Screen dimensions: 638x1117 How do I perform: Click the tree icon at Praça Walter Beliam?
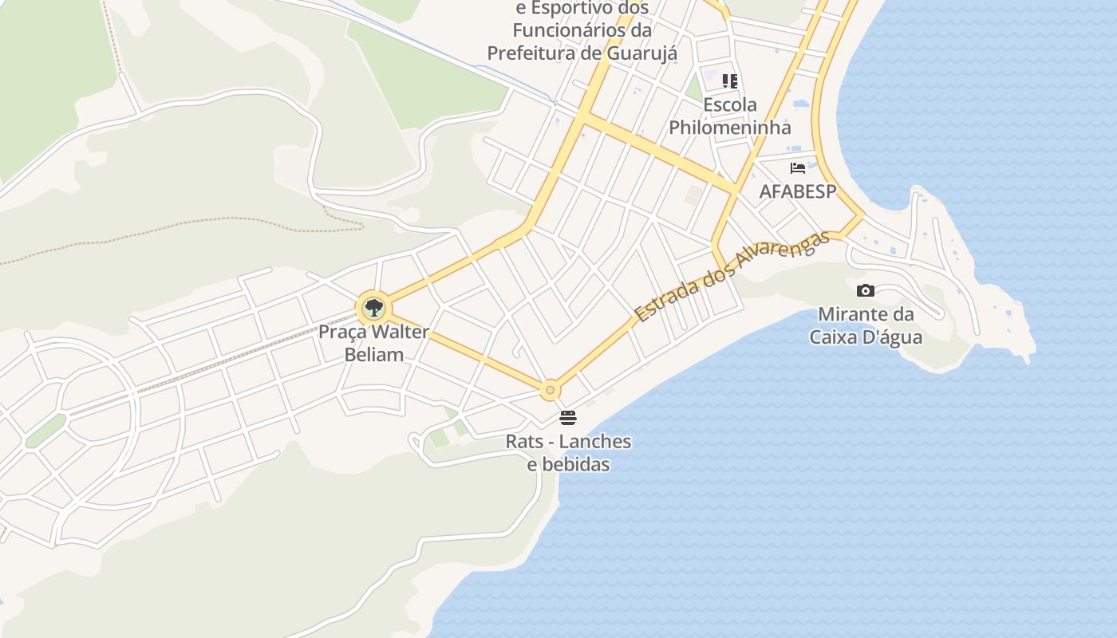click(x=373, y=307)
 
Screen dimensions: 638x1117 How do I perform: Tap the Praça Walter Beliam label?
click(x=373, y=343)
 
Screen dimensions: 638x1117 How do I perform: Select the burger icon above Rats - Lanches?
click(x=568, y=417)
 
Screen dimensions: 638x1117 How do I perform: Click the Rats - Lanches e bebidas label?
click(x=568, y=452)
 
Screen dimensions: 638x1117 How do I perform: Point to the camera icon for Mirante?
click(x=865, y=291)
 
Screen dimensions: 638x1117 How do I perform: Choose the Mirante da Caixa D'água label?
click(x=866, y=325)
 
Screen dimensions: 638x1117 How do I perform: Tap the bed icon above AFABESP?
click(x=797, y=168)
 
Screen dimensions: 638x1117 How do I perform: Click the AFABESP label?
click(x=797, y=191)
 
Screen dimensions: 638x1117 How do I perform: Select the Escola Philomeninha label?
click(x=730, y=116)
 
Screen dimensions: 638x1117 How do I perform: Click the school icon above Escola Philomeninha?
click(x=730, y=81)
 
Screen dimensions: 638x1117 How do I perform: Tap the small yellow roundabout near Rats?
click(x=549, y=391)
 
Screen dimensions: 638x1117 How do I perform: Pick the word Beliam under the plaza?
click(x=373, y=354)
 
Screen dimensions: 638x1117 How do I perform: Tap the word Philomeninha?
click(x=730, y=127)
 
